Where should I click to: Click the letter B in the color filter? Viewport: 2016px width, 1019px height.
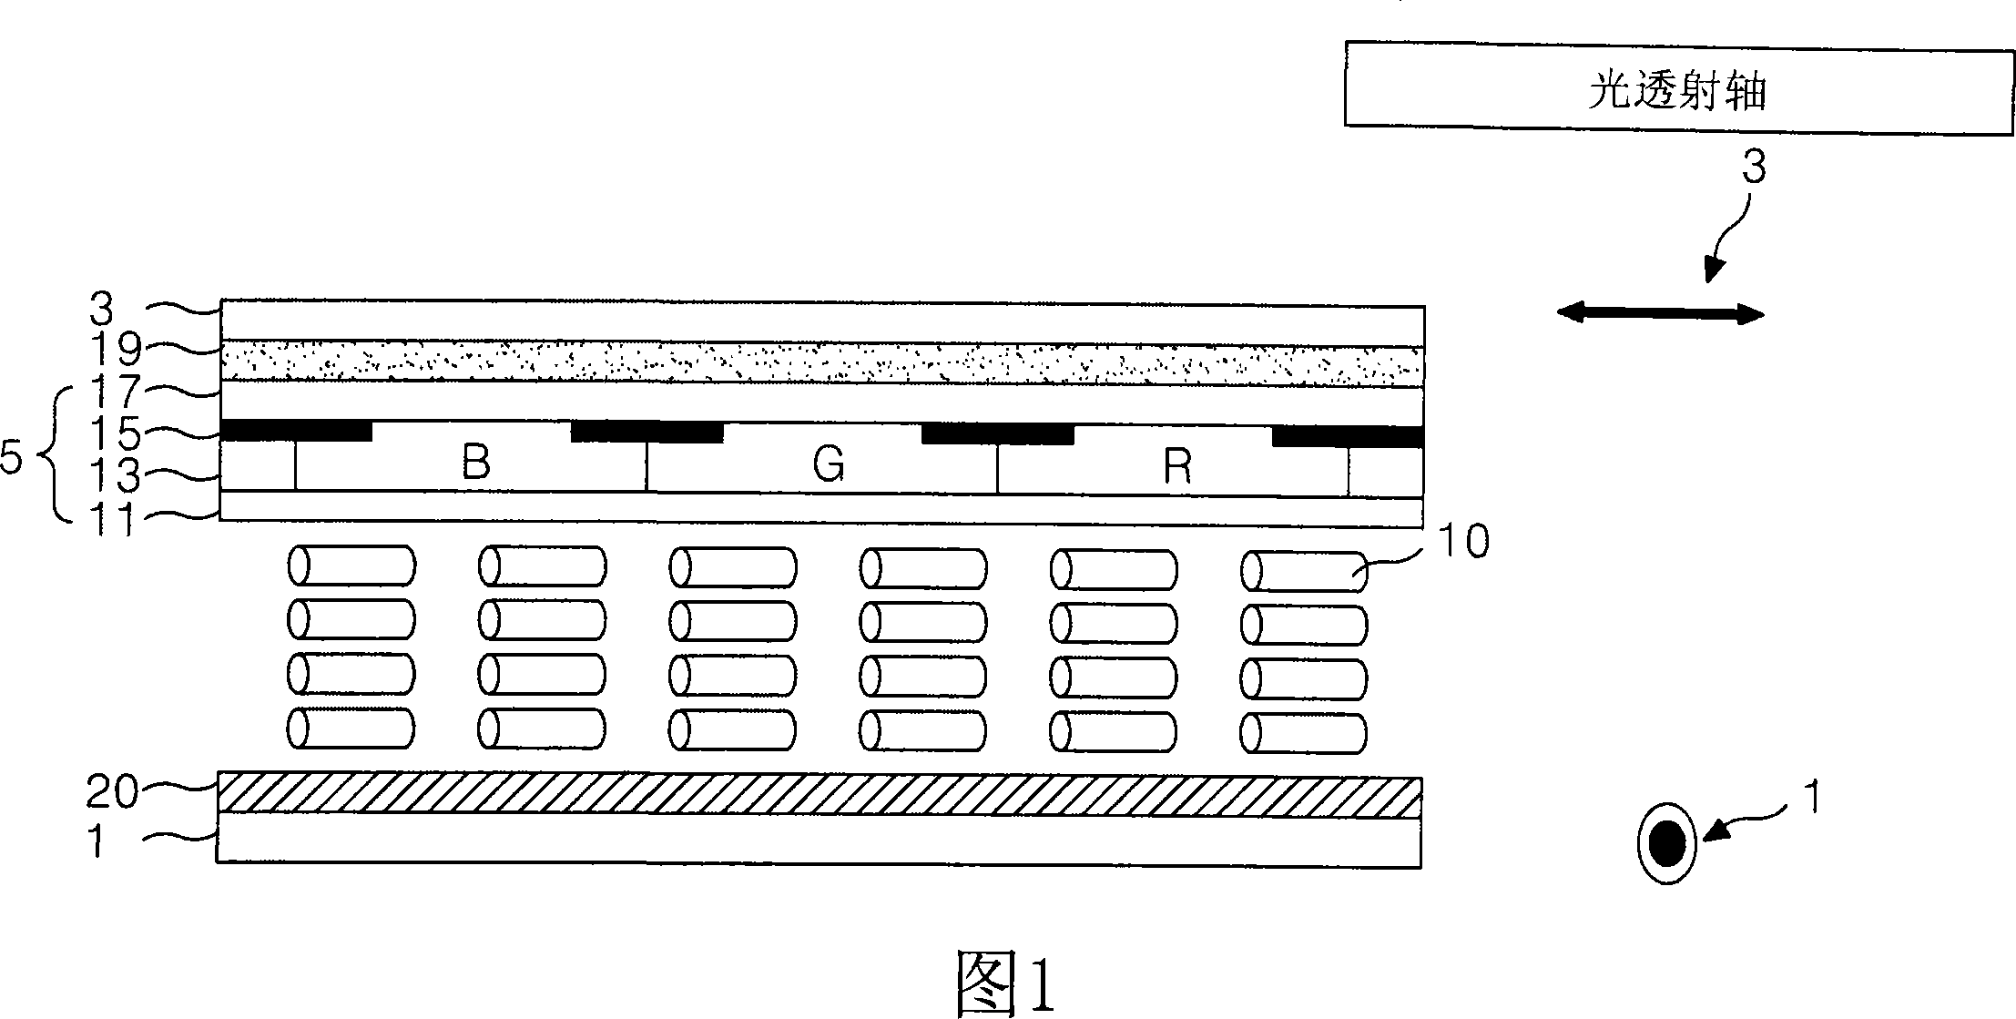[476, 463]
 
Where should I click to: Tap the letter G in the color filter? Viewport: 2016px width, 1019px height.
[828, 465]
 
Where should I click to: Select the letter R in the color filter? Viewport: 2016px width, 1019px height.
[1178, 467]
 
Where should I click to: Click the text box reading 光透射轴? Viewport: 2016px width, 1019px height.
[1679, 89]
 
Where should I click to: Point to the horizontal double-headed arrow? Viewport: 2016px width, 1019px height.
[1661, 314]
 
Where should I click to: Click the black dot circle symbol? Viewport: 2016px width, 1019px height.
[1666, 843]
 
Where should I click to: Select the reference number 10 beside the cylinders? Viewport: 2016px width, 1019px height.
[1462, 541]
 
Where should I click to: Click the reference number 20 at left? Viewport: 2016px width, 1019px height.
[112, 792]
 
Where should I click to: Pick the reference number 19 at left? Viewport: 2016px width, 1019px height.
[117, 348]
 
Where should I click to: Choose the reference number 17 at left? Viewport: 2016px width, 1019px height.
[117, 392]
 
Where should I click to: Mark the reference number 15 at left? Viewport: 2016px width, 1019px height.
[117, 434]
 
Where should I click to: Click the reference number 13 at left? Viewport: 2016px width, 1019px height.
[117, 475]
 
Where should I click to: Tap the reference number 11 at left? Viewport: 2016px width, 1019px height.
[112, 521]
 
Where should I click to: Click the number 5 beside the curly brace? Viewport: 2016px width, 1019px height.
[12, 459]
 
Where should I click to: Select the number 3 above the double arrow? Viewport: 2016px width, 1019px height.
[1754, 168]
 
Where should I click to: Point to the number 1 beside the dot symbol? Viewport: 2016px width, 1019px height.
[1813, 798]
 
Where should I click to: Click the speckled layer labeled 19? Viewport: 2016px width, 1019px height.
[821, 363]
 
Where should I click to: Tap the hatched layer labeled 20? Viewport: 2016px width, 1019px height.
[820, 794]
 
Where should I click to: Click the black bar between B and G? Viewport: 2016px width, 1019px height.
[647, 431]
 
